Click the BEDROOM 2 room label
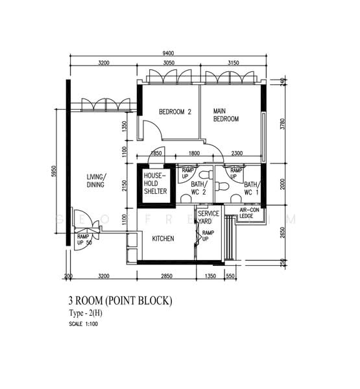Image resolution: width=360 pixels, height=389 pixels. point(175,112)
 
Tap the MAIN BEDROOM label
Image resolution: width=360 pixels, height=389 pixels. point(226,115)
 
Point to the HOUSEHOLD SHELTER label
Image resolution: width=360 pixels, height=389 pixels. point(156,183)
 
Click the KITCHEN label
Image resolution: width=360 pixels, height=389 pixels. point(163,239)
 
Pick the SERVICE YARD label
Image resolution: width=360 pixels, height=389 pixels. point(208,217)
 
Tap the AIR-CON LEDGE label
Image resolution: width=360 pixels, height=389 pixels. point(250,213)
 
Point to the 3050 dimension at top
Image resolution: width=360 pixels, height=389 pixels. point(168,63)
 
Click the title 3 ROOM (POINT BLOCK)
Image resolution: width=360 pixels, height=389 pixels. point(120,301)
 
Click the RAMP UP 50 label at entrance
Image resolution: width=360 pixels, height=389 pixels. point(84,241)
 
